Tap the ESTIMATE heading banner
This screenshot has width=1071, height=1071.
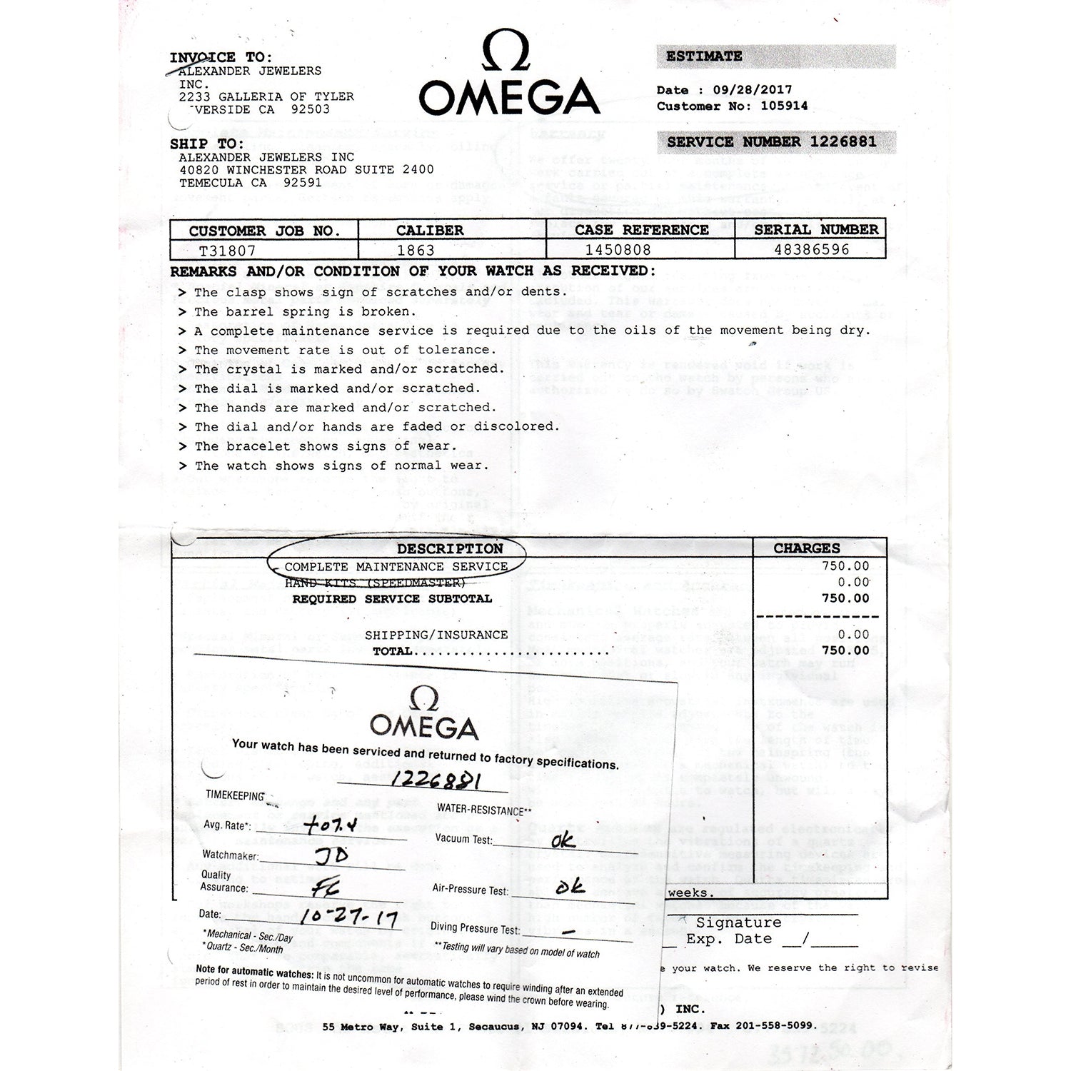pyautogui.click(x=704, y=56)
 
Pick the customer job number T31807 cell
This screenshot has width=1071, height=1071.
pyautogui.click(x=227, y=250)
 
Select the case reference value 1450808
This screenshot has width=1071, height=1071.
pyautogui.click(x=618, y=250)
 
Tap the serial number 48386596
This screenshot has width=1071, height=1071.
pyautogui.click(x=812, y=249)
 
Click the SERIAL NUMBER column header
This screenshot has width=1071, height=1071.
pyautogui.click(x=816, y=229)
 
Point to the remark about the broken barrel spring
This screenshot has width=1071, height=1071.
pyautogui.click(x=305, y=311)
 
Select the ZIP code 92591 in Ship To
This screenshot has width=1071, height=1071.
pyautogui.click(x=303, y=182)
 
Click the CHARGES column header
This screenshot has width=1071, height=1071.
pyautogui.click(x=807, y=548)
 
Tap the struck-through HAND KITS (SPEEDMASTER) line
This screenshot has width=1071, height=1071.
pyautogui.click(x=375, y=583)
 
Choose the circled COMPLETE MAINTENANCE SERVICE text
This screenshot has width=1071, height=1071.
pyautogui.click(x=396, y=567)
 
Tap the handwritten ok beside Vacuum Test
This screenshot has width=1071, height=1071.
pyautogui.click(x=563, y=840)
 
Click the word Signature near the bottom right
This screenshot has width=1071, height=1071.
pyautogui.click(x=738, y=922)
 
